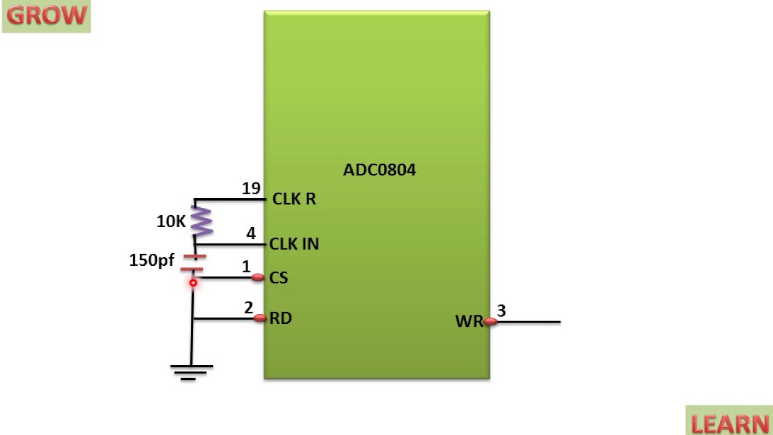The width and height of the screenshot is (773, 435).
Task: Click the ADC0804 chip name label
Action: pyautogui.click(x=379, y=170)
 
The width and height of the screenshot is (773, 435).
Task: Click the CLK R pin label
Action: pyautogui.click(x=294, y=199)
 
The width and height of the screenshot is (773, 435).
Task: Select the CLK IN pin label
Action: pyautogui.click(x=294, y=244)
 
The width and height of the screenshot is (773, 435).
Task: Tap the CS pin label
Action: pyautogui.click(x=279, y=278)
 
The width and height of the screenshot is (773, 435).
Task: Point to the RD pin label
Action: pyautogui.click(x=281, y=318)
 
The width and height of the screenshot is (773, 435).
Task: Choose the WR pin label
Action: pyautogui.click(x=469, y=321)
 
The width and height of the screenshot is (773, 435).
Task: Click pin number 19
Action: pyautogui.click(x=251, y=188)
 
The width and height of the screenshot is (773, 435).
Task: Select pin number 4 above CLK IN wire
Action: pyautogui.click(x=251, y=233)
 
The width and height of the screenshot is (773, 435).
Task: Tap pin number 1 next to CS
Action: pyautogui.click(x=246, y=266)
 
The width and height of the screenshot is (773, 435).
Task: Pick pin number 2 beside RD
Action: pyautogui.click(x=249, y=308)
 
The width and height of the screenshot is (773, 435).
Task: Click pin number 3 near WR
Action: pyautogui.click(x=501, y=311)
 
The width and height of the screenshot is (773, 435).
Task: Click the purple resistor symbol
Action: pyautogui.click(x=202, y=221)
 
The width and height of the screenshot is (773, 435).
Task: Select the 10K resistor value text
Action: pyautogui.click(x=171, y=222)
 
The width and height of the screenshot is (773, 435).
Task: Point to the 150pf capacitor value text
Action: pyautogui.click(x=152, y=260)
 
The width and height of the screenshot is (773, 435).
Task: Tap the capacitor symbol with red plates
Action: pyautogui.click(x=193, y=263)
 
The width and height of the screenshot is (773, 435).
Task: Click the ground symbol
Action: pyautogui.click(x=191, y=371)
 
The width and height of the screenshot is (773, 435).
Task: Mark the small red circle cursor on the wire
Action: pyautogui.click(x=193, y=283)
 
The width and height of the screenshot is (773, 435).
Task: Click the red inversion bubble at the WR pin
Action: pyautogui.click(x=490, y=322)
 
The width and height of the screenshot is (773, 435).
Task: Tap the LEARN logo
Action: pyautogui.click(x=730, y=423)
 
